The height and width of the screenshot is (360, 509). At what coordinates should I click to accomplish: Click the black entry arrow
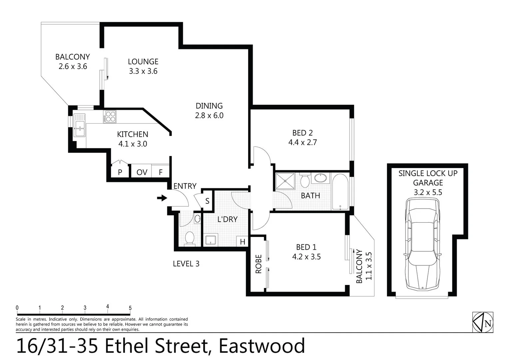[162, 198]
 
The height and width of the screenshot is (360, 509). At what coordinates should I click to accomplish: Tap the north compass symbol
[483, 322]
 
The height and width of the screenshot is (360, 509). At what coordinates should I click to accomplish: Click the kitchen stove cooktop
[110, 117]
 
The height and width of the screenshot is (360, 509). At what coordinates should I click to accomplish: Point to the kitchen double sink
[80, 125]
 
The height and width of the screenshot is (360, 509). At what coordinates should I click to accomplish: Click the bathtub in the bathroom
[340, 192]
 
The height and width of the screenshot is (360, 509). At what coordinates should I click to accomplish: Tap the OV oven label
[142, 172]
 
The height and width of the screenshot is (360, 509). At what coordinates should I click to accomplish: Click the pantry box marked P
[120, 172]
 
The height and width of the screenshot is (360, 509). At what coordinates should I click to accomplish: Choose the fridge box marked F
[161, 172]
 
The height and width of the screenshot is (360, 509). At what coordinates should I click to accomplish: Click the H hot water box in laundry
[243, 242]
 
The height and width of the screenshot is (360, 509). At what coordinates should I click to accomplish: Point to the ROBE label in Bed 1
[258, 264]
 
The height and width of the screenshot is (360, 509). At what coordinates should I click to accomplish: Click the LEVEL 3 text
[186, 264]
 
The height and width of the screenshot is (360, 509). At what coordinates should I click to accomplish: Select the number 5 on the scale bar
[130, 308]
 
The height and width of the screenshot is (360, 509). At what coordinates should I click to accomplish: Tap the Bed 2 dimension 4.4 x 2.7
[302, 142]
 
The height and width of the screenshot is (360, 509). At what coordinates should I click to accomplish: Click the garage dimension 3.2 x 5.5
[428, 192]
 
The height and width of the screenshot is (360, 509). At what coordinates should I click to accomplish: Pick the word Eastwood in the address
[262, 346]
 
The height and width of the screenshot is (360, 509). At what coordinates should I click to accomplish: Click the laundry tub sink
[211, 240]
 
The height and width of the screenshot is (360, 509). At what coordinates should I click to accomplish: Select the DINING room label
[209, 106]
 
